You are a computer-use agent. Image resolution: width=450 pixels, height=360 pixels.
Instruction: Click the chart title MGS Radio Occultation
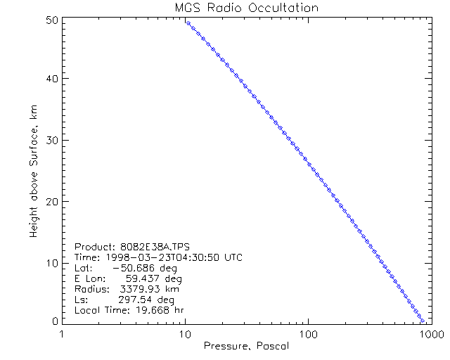(x=246, y=8)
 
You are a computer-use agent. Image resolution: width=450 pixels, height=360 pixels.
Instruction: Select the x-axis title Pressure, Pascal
(x=245, y=346)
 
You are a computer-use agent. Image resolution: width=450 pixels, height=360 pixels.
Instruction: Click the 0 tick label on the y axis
(x=53, y=321)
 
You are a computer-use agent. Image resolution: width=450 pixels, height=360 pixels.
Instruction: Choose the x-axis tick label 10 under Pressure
(x=185, y=333)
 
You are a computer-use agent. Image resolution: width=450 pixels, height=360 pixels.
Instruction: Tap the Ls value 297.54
(x=136, y=300)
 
